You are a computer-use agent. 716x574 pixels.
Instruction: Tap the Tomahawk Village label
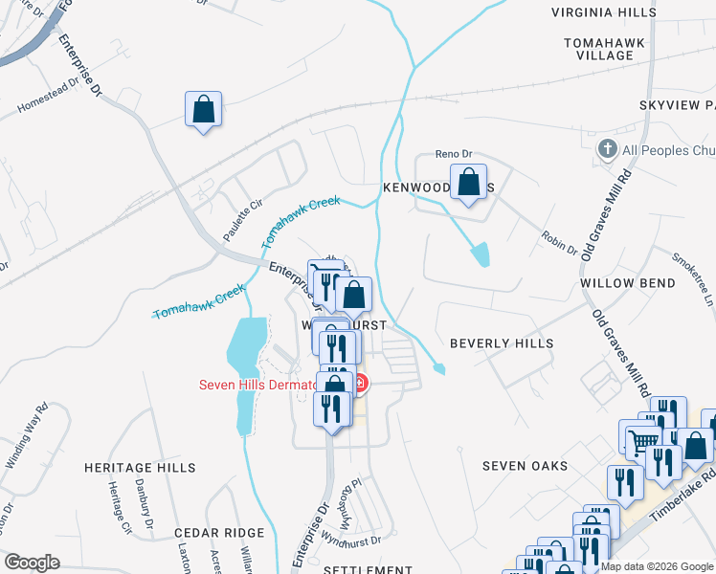point(612,49)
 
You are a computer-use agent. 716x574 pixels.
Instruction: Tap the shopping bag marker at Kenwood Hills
point(468,182)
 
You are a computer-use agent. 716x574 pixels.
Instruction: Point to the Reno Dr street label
point(455,153)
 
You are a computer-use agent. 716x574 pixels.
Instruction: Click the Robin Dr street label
point(559,244)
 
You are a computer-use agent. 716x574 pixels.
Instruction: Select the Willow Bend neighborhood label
point(627,283)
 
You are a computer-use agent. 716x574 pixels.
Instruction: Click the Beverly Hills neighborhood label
point(502,342)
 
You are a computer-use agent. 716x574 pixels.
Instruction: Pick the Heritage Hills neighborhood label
point(140,468)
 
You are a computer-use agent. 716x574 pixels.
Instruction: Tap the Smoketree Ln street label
point(692,278)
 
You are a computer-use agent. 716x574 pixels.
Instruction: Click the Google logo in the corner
point(32,563)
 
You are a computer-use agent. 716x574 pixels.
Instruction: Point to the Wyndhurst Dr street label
point(351,543)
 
